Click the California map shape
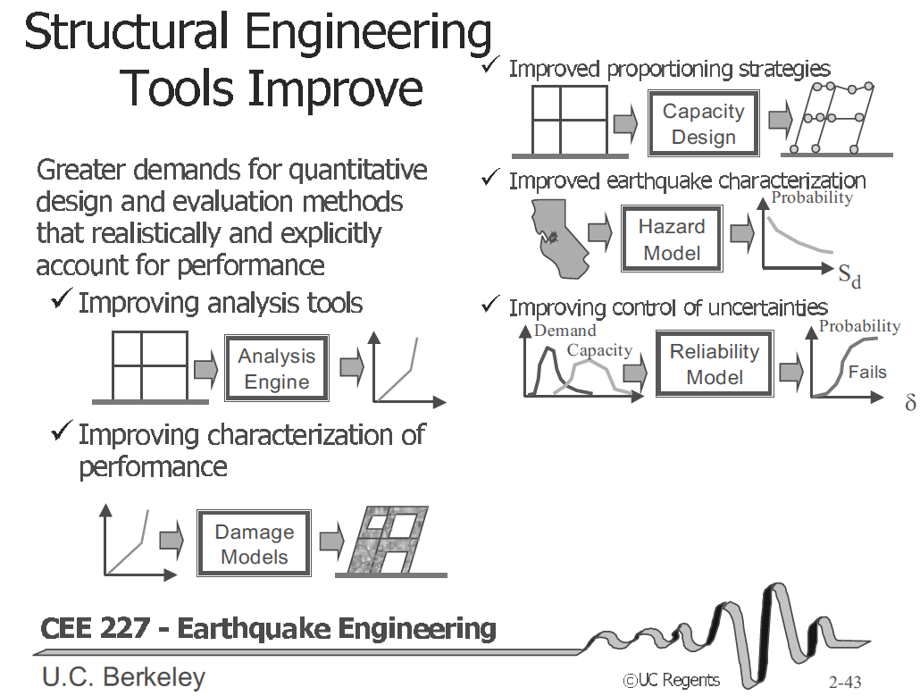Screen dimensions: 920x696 click(558, 239)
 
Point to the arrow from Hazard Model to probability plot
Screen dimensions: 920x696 click(742, 233)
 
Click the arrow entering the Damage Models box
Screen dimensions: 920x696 click(171, 539)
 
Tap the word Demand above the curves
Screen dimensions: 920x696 click(565, 331)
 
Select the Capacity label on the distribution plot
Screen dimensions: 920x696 click(599, 350)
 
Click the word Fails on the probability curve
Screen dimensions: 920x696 click(867, 372)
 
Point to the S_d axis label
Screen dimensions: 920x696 click(849, 275)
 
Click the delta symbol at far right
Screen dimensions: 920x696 click(910, 402)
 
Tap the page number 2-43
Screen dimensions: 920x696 click(845, 682)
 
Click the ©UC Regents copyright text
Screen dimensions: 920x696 click(671, 680)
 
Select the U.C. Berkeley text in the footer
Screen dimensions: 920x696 click(124, 677)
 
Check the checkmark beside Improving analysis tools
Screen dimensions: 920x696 click(62, 298)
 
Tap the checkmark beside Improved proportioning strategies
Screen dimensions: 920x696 click(490, 64)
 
